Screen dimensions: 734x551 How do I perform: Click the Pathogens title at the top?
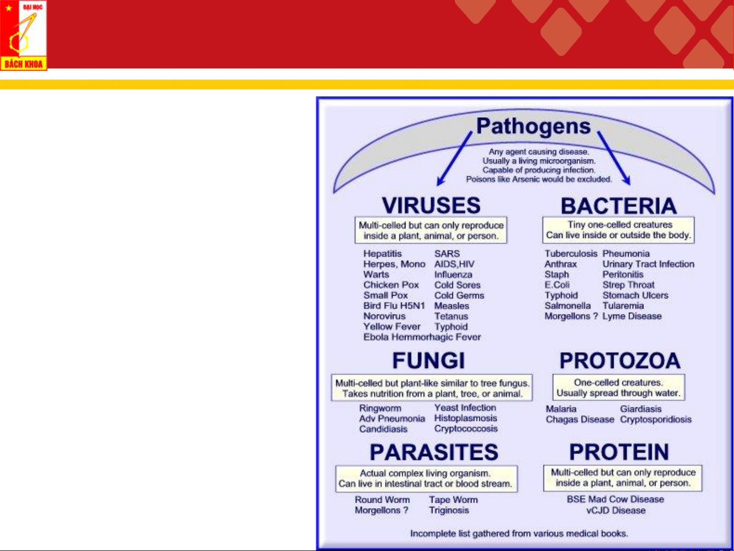533,126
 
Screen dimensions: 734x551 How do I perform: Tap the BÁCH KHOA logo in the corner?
23,35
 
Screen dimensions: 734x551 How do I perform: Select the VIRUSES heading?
431,205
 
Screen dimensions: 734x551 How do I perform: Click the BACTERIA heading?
619,206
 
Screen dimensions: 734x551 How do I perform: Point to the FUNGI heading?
428,361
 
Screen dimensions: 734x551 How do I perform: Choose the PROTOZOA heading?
619,361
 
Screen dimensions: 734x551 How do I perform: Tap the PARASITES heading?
433,452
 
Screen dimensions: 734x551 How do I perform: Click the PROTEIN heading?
619,452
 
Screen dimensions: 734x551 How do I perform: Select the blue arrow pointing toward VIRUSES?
454,159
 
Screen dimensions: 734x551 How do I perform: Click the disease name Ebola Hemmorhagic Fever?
422,337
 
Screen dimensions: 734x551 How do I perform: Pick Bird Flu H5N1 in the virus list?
394,306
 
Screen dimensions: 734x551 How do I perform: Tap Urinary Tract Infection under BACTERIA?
648,264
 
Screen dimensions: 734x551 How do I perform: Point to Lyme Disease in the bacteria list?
632,316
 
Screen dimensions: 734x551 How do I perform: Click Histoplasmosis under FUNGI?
466,418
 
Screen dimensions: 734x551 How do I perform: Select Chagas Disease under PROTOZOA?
580,419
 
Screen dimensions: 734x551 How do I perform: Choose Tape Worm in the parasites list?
453,500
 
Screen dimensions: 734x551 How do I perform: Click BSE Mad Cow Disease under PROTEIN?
615,500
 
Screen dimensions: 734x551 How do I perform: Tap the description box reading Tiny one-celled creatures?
618,230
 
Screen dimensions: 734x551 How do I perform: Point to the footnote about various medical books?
519,534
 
